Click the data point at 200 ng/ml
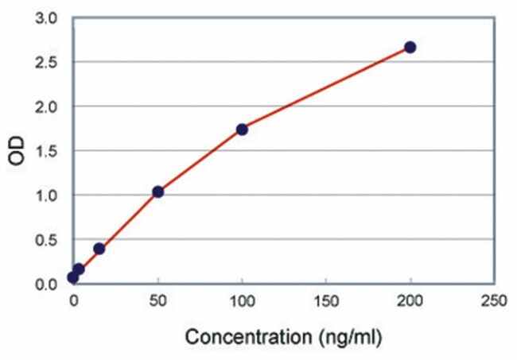point(410,47)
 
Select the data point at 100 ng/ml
point(242,129)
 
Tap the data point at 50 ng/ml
point(157,192)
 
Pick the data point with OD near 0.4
point(99,249)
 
